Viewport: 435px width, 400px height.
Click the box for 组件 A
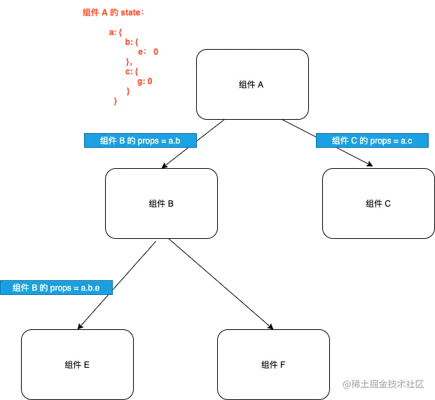point(252,84)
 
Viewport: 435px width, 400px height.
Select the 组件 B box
point(161,204)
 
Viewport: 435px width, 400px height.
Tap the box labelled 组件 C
point(378,204)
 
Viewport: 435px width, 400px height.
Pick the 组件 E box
point(77,364)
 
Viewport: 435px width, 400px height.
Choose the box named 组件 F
point(273,364)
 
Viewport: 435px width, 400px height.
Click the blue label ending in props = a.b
point(141,141)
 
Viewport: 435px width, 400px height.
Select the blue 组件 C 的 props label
point(372,141)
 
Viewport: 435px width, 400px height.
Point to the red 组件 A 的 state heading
point(113,13)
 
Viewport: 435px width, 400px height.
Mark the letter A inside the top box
point(261,85)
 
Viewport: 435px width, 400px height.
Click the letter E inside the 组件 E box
point(86,365)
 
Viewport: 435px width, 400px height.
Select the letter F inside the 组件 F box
point(282,365)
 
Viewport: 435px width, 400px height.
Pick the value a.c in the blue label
point(407,141)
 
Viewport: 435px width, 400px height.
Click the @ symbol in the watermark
point(346,383)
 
